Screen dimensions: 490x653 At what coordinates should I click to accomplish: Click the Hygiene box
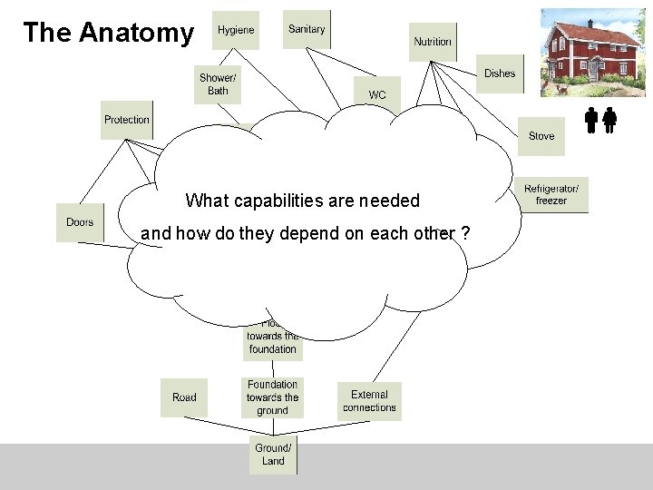coord(235,30)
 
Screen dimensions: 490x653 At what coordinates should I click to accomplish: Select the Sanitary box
coord(307,29)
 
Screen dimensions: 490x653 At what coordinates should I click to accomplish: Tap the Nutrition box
coord(433,42)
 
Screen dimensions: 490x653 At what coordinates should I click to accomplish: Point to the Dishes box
coord(500,73)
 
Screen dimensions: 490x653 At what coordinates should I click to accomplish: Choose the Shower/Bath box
coord(219,83)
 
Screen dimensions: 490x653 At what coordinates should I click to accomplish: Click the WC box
coord(377,94)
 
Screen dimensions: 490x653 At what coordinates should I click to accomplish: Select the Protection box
coord(126,120)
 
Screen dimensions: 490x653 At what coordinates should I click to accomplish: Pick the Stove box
coord(541,136)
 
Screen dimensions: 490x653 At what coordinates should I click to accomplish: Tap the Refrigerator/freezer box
coord(551,194)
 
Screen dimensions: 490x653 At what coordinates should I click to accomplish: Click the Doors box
coord(80,222)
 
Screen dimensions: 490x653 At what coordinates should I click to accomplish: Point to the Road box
coord(184,397)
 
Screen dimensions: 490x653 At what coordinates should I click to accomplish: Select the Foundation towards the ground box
coord(272,397)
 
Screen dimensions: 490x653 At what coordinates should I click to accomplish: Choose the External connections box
coord(369,401)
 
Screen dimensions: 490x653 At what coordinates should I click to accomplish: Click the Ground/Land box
coord(273,455)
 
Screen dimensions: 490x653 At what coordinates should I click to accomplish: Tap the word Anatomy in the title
coord(136,33)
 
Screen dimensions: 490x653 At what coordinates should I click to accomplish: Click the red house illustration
coord(592,53)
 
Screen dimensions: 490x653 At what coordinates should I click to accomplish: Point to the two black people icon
coord(600,121)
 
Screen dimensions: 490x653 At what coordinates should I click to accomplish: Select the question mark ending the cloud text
coord(464,234)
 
